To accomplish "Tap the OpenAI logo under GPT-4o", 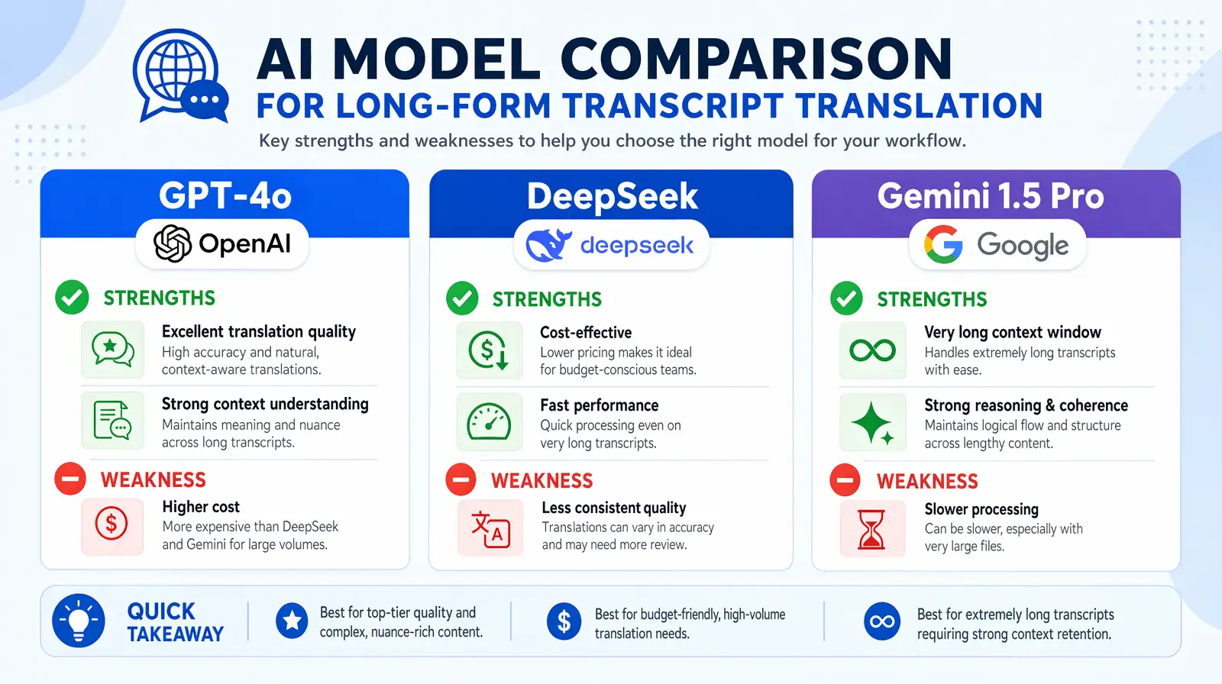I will [173, 244].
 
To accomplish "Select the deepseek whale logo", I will [548, 245].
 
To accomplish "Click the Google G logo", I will [943, 245].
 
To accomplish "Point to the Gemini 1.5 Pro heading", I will [991, 196].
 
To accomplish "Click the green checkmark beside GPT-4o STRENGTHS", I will [72, 298].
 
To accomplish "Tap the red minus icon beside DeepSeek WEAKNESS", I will [461, 480].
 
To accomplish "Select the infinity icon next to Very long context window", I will [872, 350].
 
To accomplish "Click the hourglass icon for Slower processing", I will [871, 529].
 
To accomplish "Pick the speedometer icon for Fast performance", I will [489, 421].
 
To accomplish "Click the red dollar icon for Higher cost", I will [112, 524].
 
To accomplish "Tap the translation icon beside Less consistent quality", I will [490, 528].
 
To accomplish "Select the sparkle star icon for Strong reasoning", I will [871, 423].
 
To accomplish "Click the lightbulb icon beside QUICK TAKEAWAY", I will [79, 621].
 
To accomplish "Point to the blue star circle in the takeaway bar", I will [292, 621].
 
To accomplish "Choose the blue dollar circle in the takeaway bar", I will [564, 621].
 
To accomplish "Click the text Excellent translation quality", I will [258, 331].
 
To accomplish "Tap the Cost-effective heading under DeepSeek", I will [586, 332].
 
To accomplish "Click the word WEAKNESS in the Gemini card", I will [927, 481].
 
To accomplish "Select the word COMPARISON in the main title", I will [756, 60].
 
